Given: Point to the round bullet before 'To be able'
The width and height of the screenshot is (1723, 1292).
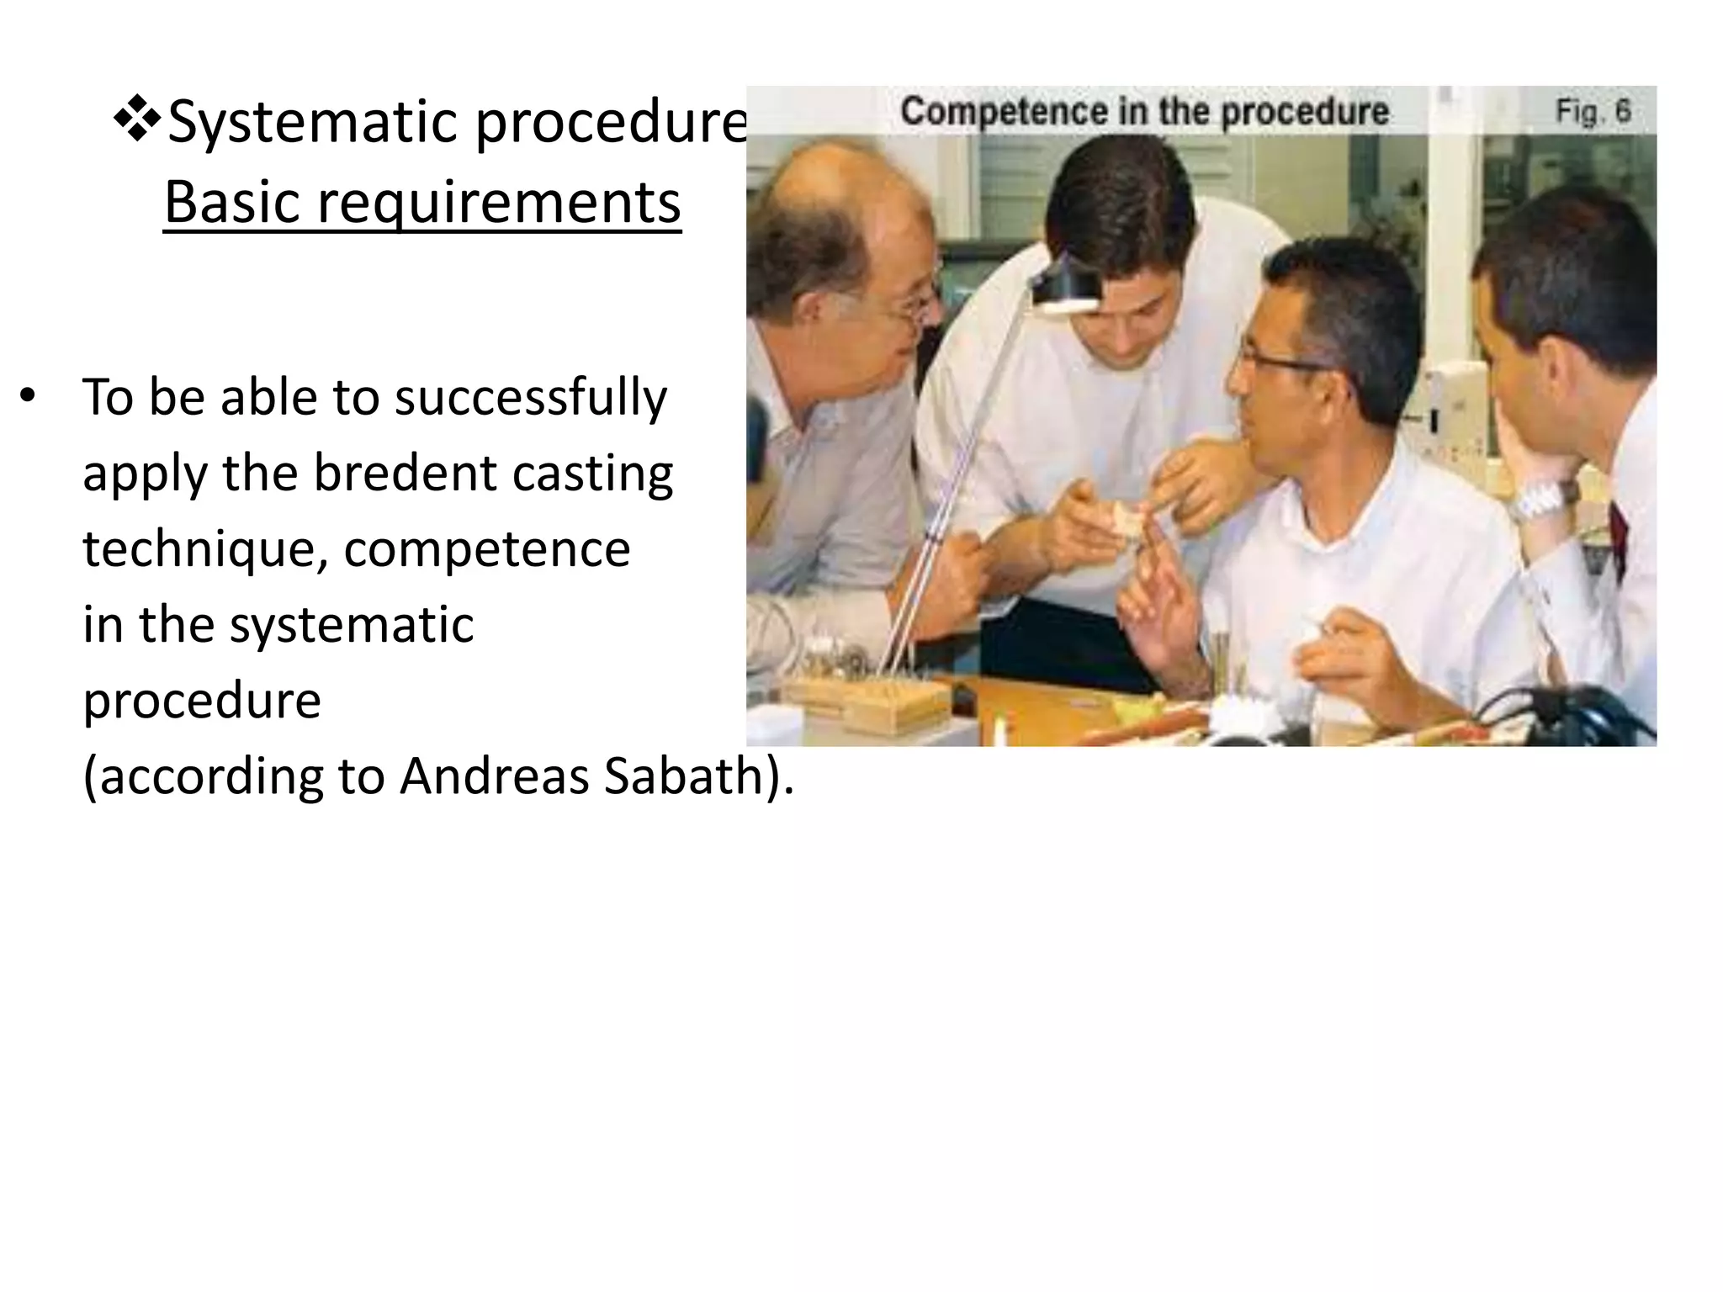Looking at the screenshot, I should click(29, 397).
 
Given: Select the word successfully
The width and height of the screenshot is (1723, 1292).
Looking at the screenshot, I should click(530, 397).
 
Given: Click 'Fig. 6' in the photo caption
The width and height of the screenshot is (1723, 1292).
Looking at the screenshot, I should click(1592, 111).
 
